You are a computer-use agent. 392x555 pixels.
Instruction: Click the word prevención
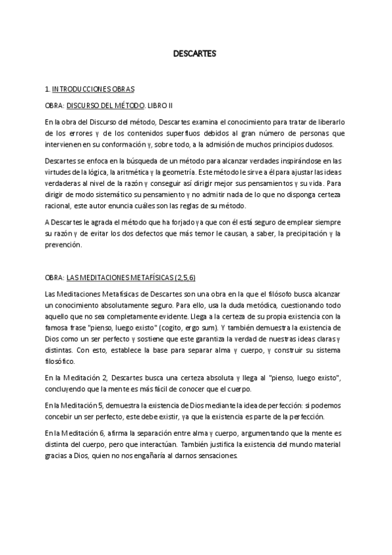coord(63,245)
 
